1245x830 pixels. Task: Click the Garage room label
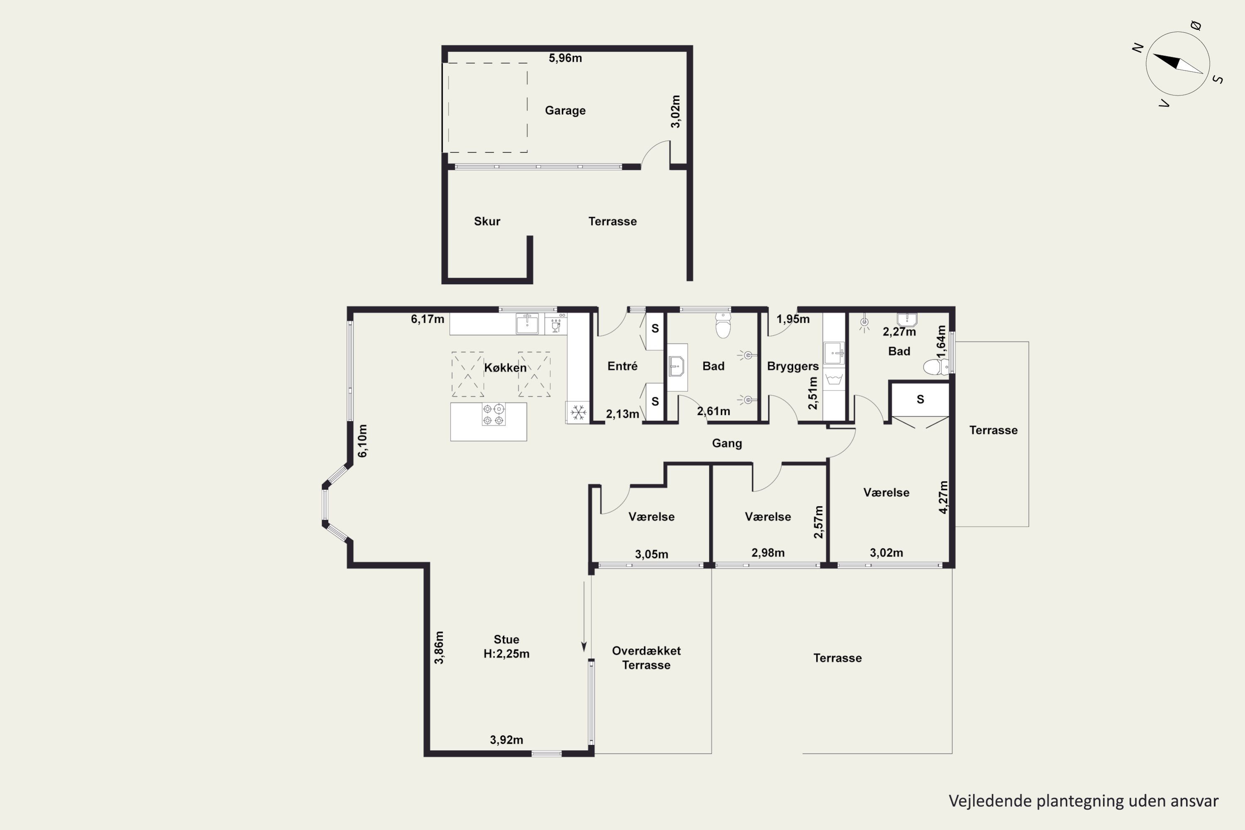pyautogui.click(x=565, y=111)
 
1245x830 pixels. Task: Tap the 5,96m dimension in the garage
pyautogui.click(x=565, y=58)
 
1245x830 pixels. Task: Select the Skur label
pyautogui.click(x=487, y=221)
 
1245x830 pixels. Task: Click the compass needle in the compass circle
pyautogui.click(x=1178, y=63)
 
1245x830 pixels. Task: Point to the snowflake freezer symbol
pyautogui.click(x=578, y=413)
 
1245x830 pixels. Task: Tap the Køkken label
pyautogui.click(x=505, y=368)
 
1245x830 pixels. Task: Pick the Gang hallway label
pyautogui.click(x=727, y=444)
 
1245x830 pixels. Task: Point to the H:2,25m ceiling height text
pyautogui.click(x=507, y=654)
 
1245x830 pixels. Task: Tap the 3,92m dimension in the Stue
pyautogui.click(x=507, y=740)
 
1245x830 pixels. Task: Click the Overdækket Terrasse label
pyautogui.click(x=646, y=658)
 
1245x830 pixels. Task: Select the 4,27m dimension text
pyautogui.click(x=943, y=497)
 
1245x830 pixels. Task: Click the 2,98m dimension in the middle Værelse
pyautogui.click(x=768, y=553)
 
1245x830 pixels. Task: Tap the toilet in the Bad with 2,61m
pyautogui.click(x=723, y=325)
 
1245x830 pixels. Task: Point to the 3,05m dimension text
pyautogui.click(x=652, y=554)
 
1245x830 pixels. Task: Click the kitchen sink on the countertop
pyautogui.click(x=527, y=323)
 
